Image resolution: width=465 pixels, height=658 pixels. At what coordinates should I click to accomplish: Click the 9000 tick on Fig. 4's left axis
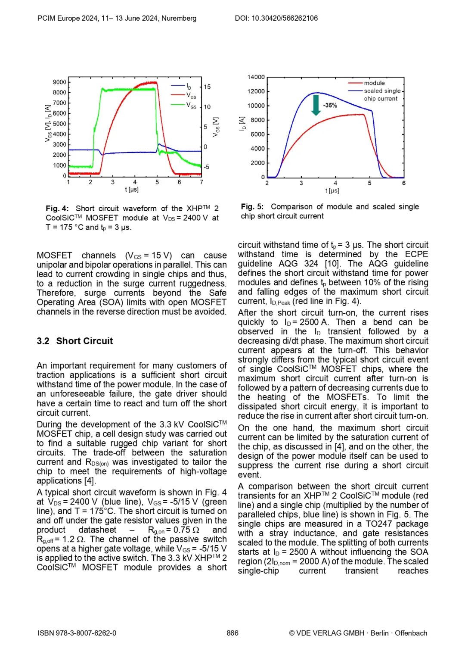pyautogui.click(x=59, y=82)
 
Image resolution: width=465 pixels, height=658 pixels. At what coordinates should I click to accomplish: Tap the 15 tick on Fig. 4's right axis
pyautogui.click(x=207, y=87)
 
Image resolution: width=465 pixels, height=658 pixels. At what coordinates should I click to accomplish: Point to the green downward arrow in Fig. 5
pyautogui.click(x=316, y=105)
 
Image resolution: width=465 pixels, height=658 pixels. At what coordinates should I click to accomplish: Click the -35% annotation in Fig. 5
pyautogui.click(x=330, y=106)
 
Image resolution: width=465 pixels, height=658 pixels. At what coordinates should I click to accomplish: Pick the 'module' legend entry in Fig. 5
pyautogui.click(x=374, y=83)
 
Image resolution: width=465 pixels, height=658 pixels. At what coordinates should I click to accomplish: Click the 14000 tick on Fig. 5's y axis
pyautogui.click(x=256, y=77)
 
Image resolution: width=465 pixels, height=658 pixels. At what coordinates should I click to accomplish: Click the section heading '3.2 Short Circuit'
pyautogui.click(x=75, y=341)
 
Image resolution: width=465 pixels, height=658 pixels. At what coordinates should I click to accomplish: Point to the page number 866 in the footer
pyautogui.click(x=232, y=633)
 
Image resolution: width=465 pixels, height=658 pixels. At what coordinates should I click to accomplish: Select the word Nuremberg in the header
pyautogui.click(x=179, y=18)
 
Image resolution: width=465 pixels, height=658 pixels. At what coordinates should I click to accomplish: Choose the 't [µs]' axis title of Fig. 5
pyautogui.click(x=332, y=190)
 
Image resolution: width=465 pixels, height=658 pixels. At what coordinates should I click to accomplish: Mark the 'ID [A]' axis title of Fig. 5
pyautogui.click(x=242, y=123)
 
